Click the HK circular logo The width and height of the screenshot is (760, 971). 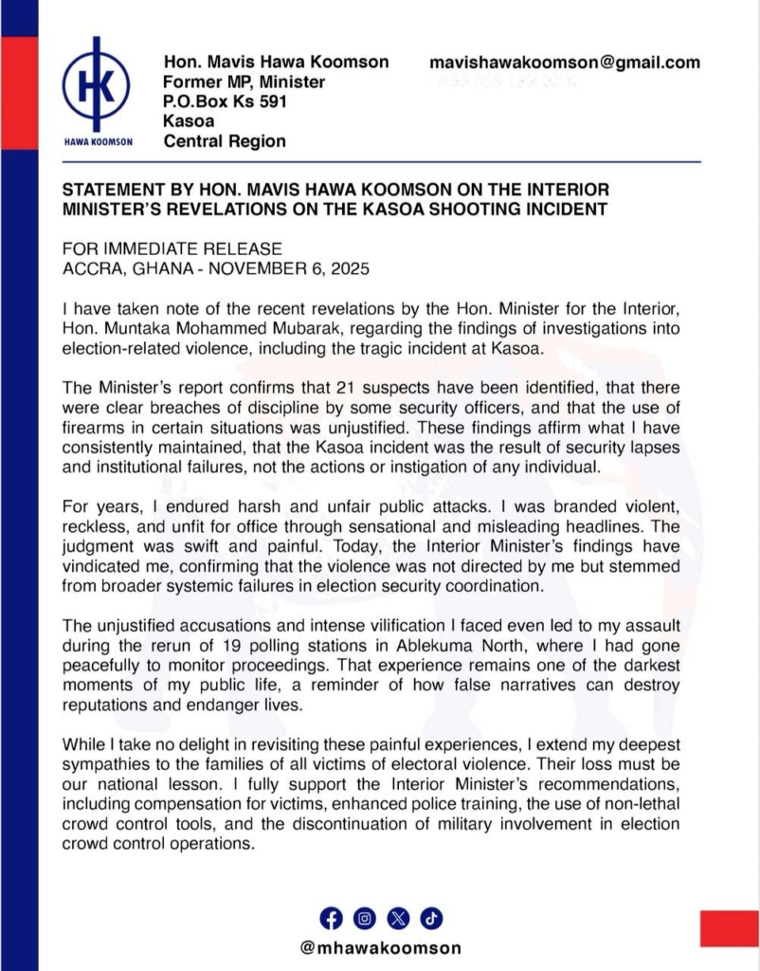(x=96, y=86)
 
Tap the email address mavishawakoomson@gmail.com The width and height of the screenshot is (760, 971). (x=565, y=63)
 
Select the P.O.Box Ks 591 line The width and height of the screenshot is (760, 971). (x=226, y=101)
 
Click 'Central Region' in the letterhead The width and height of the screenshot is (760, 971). (x=225, y=142)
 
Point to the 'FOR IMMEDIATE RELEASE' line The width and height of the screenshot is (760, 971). (x=172, y=248)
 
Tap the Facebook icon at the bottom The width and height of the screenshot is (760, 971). (x=331, y=917)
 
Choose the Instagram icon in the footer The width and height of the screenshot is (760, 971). (x=364, y=917)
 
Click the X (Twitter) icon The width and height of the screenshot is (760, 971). (x=397, y=917)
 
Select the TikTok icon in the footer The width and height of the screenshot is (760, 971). (x=430, y=917)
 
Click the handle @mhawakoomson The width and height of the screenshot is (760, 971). (x=380, y=947)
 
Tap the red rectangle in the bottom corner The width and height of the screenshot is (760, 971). (x=729, y=927)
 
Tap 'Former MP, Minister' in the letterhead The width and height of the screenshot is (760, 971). (x=244, y=82)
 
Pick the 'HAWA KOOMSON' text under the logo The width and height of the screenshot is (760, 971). (x=96, y=143)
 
